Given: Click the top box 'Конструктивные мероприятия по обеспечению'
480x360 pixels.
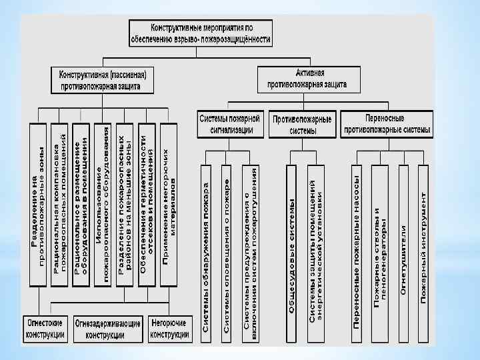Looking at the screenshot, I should pos(211,34).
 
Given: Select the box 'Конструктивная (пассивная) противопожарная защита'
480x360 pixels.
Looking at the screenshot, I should pos(103,79).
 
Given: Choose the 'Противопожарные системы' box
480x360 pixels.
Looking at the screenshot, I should pos(302,125).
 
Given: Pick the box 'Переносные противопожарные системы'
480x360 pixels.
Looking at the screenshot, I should pos(385,124).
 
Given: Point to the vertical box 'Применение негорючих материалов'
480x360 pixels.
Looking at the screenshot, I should pos(168,203).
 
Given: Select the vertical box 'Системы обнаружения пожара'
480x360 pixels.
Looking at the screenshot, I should pos(207,250).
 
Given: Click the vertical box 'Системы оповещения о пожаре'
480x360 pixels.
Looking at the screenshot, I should pos(228,250).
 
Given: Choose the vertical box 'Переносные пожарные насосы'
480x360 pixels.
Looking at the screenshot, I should pos(357,250).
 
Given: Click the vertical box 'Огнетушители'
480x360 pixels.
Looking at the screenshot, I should pos(403,250).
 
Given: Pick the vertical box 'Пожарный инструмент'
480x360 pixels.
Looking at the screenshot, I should pos(424,250).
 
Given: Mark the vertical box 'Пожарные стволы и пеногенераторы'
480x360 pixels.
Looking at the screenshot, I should pos(381,250).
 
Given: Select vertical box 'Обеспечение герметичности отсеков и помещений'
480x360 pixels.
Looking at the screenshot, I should pos(146,203).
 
